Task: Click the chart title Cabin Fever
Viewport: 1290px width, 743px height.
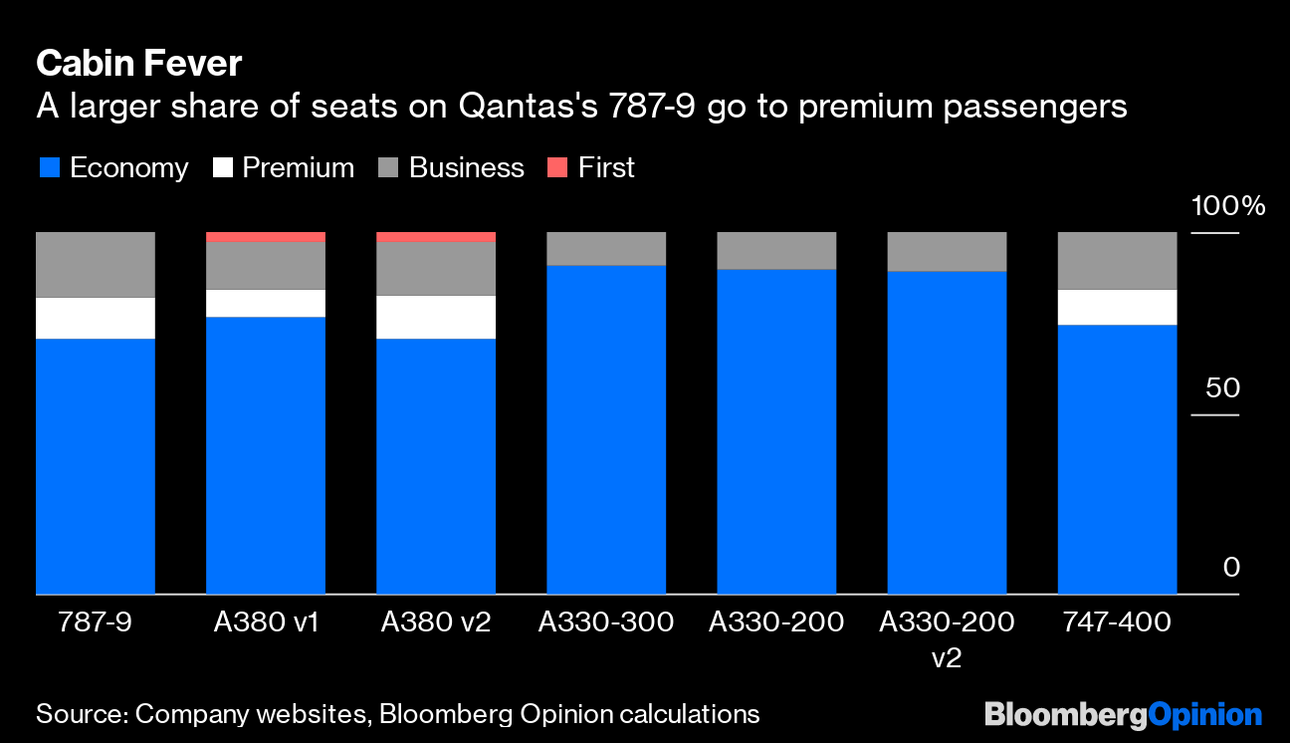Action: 138,64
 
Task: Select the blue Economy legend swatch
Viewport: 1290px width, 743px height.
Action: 48,168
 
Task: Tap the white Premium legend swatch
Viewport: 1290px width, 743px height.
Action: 222,168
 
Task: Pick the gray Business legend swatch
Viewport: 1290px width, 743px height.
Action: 389,168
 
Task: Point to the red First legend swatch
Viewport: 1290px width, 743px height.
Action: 558,168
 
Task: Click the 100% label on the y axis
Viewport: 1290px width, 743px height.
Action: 1227,206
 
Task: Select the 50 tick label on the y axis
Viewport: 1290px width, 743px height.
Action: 1221,387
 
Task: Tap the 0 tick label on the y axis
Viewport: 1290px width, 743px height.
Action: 1230,568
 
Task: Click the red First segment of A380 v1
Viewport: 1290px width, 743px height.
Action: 266,237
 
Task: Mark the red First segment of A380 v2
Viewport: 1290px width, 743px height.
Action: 436,237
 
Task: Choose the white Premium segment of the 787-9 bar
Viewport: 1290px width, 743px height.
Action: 96,318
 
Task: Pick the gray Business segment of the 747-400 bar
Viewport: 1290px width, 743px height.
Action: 1117,260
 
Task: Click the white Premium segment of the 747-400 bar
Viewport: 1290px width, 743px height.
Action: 1117,307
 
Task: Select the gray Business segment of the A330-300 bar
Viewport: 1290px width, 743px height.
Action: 606,249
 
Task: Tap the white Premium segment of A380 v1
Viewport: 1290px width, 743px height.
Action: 266,303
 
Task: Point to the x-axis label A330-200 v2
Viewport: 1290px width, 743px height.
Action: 947,639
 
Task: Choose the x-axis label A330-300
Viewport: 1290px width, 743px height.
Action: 606,623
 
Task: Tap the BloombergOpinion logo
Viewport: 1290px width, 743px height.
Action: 1123,714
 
